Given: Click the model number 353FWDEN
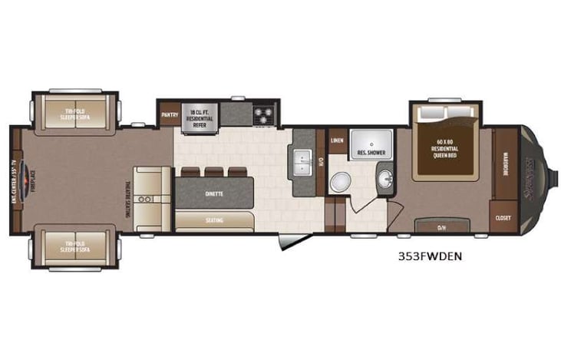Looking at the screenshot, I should pos(429,256).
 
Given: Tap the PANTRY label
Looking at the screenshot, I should pos(170,115).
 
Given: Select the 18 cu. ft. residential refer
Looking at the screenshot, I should pos(201,117).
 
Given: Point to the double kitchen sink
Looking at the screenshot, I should pos(301,163).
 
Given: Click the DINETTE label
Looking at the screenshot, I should pos(214,193).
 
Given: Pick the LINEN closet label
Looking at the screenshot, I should pos(338,141).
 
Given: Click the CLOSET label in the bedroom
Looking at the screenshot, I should pos(504,216).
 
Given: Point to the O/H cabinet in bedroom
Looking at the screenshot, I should pos(442,227).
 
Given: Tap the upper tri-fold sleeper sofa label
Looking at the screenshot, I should pos(74,114).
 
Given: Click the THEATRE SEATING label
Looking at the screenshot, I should pos(128,198).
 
